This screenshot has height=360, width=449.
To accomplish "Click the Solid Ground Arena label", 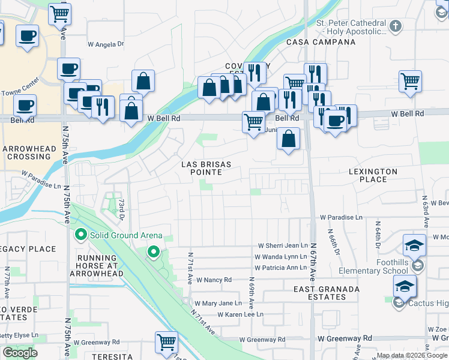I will [x=126, y=235].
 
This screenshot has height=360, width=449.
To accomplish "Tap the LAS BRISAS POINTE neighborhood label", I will [x=202, y=168].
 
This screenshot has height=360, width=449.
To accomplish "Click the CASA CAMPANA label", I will [x=321, y=43].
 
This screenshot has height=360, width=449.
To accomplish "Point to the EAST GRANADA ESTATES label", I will [x=327, y=293].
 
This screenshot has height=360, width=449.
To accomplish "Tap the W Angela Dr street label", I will [x=106, y=44].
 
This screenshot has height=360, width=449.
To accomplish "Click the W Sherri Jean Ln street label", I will [x=283, y=245].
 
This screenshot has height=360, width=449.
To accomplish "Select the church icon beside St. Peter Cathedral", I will [x=395, y=26].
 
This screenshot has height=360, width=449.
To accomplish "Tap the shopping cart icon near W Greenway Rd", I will [x=166, y=343].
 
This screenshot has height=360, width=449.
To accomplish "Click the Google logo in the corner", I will [x=20, y=353].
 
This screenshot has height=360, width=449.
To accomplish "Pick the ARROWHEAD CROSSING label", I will [x=29, y=152].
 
